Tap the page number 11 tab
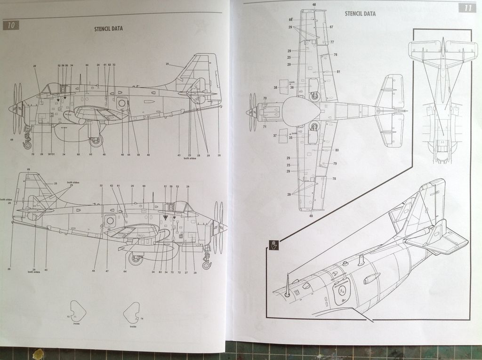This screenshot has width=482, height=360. pos(467,8)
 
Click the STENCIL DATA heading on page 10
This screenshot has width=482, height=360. pos(109,28)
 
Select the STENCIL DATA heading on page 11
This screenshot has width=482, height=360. pos(360,14)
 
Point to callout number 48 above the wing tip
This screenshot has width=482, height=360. pos(314,5)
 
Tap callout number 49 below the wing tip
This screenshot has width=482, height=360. pos(311,216)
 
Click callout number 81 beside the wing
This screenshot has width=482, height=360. pos(338,72)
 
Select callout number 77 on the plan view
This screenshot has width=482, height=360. pos(332,42)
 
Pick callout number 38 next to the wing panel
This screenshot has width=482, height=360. pos(275,88)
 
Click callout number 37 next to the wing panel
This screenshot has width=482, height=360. pos(275,136)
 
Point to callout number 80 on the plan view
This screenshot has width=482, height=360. pos(337,150)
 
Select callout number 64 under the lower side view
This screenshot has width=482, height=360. pos(125,272)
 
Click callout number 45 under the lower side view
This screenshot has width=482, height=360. pos(94,272)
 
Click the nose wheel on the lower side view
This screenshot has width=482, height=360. pos(206,265)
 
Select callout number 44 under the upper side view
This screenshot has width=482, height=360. pos(129,155)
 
